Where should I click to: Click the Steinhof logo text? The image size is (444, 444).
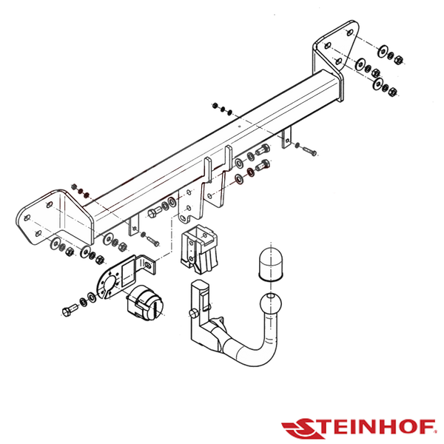tap(358, 428)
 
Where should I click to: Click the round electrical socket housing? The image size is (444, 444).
tap(145, 303)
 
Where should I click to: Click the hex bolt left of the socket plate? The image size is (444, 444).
tap(70, 309)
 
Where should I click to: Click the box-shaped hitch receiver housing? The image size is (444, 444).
tap(199, 249)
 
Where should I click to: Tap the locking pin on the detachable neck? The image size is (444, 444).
tap(194, 313)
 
